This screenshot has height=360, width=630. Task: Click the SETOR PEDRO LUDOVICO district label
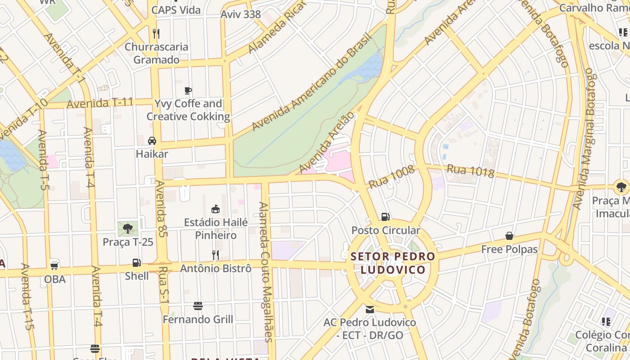tap(393, 263)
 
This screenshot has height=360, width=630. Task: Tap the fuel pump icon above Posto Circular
tap(385, 217)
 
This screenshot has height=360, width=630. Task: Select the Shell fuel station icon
tap(136, 263)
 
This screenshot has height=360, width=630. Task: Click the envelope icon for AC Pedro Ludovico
tap(370, 310)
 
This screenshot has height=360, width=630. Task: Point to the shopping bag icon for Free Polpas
tap(509, 236)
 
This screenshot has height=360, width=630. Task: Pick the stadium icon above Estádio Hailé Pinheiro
tap(216, 209)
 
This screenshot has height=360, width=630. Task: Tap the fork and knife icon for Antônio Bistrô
tap(216, 255)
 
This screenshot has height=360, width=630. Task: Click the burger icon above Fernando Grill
tap(198, 306)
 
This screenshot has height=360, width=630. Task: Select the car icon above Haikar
tap(152, 141)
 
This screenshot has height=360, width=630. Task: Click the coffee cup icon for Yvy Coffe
tap(188, 91)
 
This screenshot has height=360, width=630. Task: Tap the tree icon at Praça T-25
tap(128, 228)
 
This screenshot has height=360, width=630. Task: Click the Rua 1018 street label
tap(470, 171)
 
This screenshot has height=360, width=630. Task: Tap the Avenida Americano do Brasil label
tap(311, 82)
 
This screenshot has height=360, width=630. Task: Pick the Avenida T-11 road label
tap(99, 103)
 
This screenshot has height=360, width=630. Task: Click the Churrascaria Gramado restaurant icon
tap(156, 33)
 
